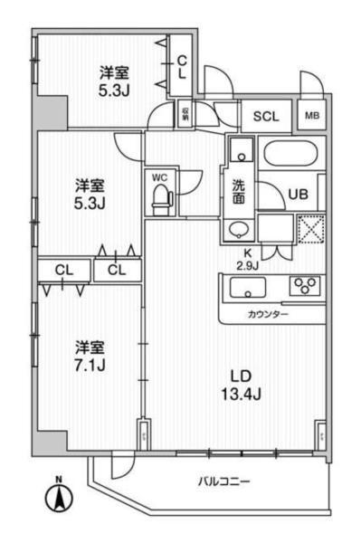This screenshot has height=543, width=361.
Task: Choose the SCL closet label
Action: [265, 116]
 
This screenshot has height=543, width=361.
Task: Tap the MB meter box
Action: [312, 116]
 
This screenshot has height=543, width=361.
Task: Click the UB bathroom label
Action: [299, 192]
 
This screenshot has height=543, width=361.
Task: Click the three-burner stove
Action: [306, 287]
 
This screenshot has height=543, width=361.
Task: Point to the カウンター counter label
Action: [268, 313]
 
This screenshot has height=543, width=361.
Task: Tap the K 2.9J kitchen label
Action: [247, 259]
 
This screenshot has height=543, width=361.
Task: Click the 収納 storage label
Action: [184, 115]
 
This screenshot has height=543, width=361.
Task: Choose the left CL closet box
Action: [64, 269]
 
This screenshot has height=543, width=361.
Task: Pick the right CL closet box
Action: [117, 269]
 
